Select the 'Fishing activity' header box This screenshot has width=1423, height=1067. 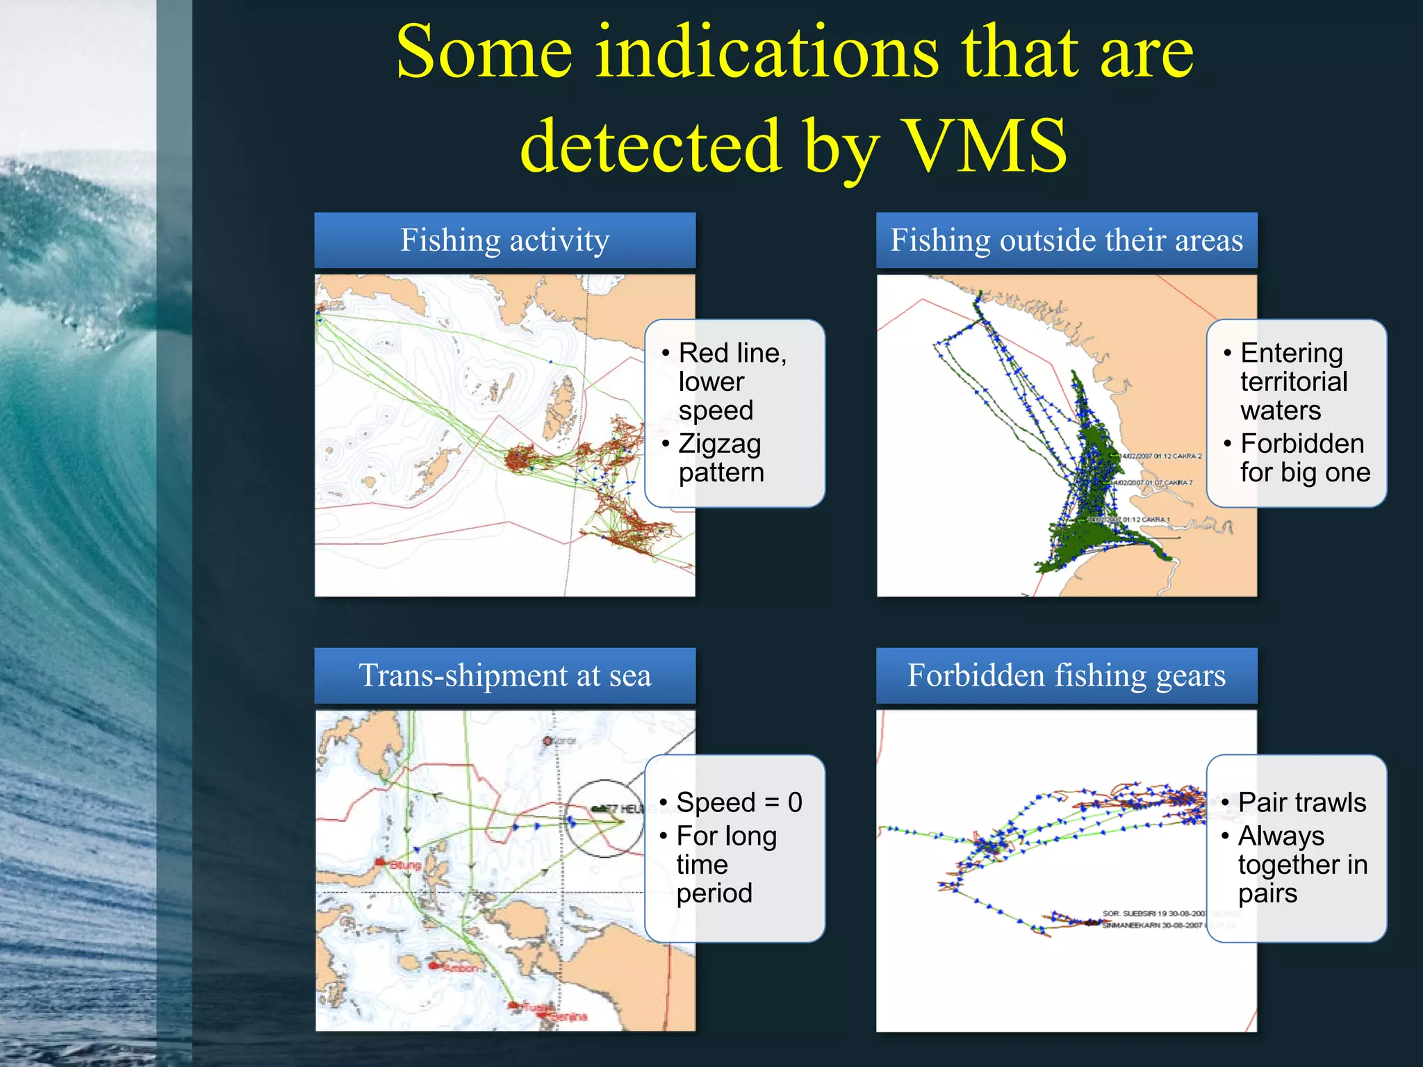point(504,240)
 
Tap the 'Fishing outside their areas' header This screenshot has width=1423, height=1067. point(1067,240)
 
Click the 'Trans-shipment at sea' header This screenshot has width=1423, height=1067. point(504,676)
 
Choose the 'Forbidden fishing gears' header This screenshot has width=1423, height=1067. point(1067,676)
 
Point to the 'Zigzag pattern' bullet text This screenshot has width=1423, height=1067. point(721,458)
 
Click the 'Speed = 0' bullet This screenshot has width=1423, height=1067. point(739,802)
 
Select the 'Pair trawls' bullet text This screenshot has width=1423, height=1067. point(1301,802)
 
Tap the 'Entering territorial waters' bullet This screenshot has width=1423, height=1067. point(1293,381)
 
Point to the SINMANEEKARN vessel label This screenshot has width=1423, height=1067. point(1152,925)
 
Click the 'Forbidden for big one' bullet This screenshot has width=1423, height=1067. point(1304,458)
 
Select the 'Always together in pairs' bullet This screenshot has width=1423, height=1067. point(1301,864)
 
